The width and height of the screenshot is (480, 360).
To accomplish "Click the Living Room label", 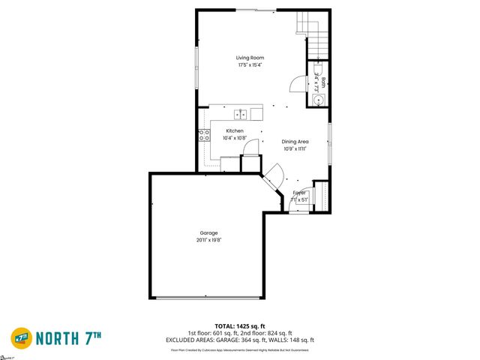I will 250,58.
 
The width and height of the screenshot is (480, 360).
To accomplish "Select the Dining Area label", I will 295,141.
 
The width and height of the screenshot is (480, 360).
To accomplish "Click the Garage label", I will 209,232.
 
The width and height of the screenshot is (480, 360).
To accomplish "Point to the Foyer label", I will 299,193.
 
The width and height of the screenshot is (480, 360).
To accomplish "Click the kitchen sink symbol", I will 241,115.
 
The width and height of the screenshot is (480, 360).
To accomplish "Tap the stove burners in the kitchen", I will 203,135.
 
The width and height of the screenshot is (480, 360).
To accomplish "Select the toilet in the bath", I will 318,100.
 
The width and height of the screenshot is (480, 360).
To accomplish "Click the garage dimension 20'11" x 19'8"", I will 209,240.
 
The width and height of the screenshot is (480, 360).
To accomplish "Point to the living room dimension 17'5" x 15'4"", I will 250,65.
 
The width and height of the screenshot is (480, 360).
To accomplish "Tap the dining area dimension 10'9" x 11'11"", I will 295,148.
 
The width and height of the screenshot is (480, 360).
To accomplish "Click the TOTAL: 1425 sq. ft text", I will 240,326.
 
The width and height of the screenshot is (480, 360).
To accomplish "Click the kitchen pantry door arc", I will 253,146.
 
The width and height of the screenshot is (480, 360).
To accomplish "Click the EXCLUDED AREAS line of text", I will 240,340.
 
